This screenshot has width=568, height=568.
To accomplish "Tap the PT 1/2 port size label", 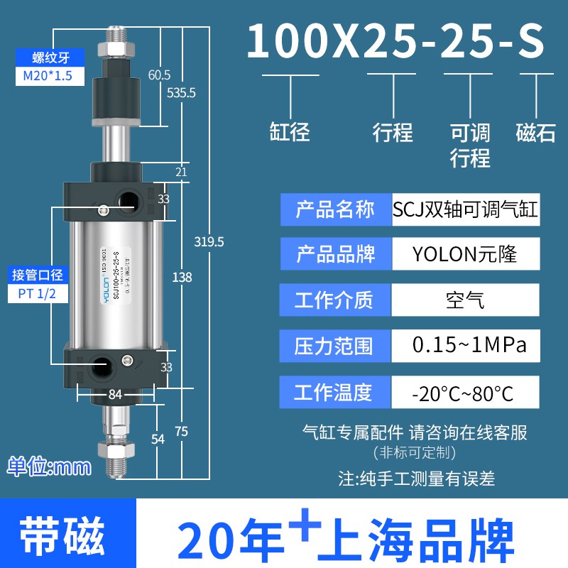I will pos(47,293).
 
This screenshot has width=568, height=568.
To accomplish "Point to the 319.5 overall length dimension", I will pos(209,241).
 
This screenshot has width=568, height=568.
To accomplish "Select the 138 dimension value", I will pos(182,278).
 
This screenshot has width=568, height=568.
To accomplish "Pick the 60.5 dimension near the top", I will pos(159,75).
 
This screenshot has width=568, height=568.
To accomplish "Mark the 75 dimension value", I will pos(182,430).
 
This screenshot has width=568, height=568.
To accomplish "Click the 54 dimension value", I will pos(158,439).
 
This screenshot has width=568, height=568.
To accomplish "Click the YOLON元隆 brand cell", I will pos(466,252).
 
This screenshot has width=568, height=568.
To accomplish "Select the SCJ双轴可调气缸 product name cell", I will pos(466,209).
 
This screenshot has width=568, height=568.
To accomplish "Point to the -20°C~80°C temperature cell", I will pos(466,391).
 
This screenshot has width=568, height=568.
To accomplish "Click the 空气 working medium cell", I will pos(466,299).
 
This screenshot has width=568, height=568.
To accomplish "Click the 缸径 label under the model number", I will pos(290,132).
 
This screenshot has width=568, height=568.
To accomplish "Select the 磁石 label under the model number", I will pos(535,132).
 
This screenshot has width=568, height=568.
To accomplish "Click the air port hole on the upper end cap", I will pos(128,199).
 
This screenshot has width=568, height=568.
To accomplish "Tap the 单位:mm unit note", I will pos(49,466).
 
